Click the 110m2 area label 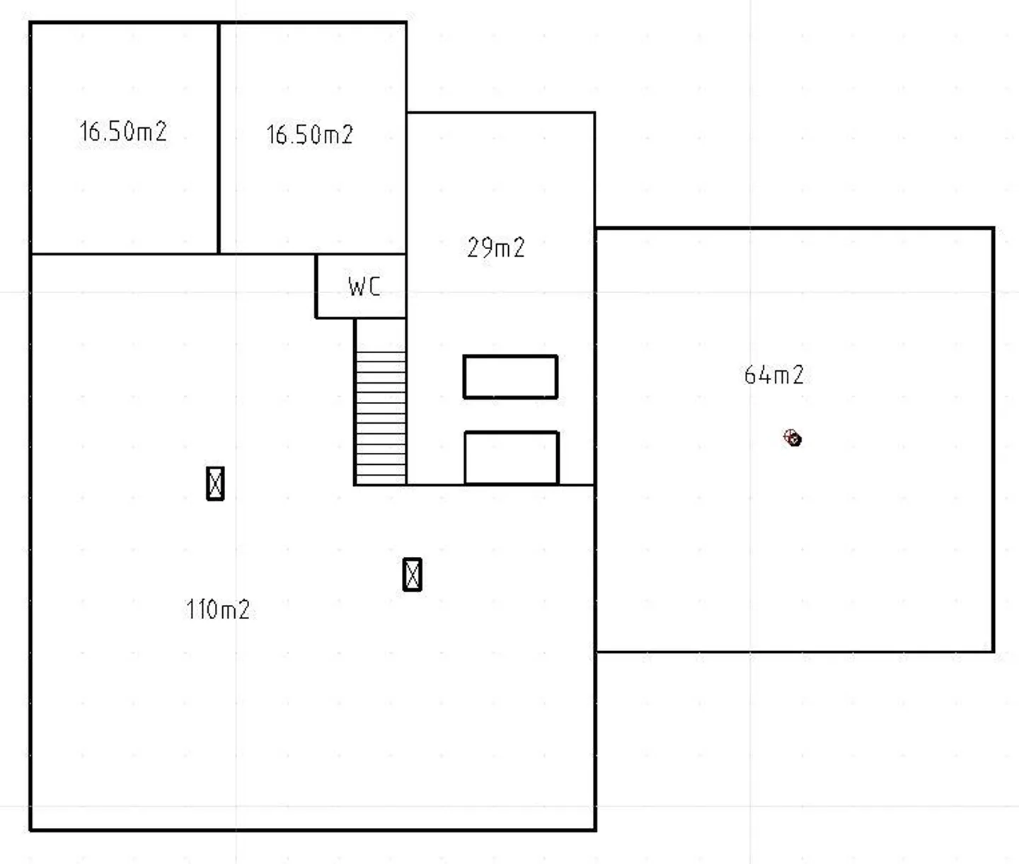pyautogui.click(x=218, y=609)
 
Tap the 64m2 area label pyautogui.click(x=773, y=374)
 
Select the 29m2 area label pyautogui.click(x=495, y=248)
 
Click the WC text pyautogui.click(x=364, y=287)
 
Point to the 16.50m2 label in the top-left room pyautogui.click(x=123, y=132)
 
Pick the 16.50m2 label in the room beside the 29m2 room pyautogui.click(x=309, y=134)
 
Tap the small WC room pyautogui.click(x=361, y=286)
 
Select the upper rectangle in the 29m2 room pyautogui.click(x=510, y=377)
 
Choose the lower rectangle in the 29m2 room pyautogui.click(x=512, y=458)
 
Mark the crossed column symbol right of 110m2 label pyautogui.click(x=412, y=575)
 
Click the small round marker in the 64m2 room pyautogui.click(x=793, y=439)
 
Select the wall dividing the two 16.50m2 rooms pyautogui.click(x=219, y=138)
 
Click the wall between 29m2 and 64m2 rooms pyautogui.click(x=595, y=354)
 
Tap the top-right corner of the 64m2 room pyautogui.click(x=994, y=229)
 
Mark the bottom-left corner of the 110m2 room pyautogui.click(x=30, y=829)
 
